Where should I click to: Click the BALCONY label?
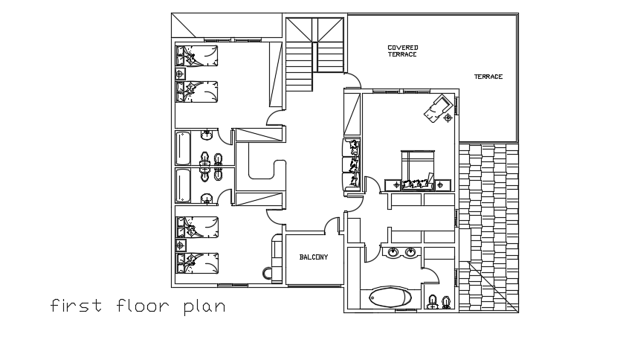(x=313, y=257)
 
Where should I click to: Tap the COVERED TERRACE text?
(x=402, y=51)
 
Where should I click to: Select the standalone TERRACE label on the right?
(x=488, y=77)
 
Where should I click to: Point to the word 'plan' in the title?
(x=204, y=306)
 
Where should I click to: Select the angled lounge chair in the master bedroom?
(x=435, y=106)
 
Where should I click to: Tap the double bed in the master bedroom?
(x=417, y=167)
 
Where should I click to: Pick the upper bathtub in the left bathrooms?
(x=183, y=147)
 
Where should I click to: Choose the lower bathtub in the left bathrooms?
(x=183, y=185)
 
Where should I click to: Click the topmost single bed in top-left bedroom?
(x=197, y=55)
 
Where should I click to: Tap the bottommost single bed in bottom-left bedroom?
(x=197, y=263)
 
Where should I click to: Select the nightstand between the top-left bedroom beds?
(x=179, y=74)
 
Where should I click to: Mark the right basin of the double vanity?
(x=410, y=253)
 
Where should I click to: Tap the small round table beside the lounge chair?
(x=448, y=117)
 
